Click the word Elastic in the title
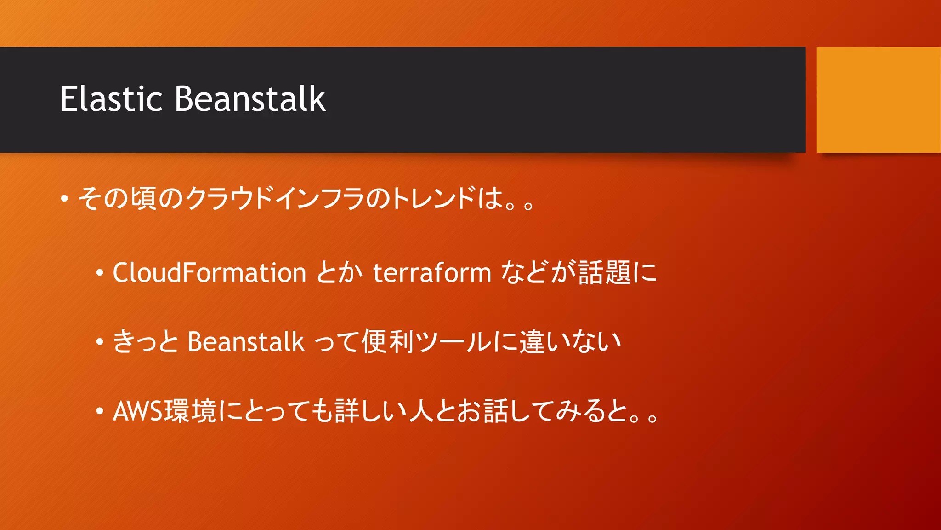click(111, 99)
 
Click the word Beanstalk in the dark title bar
click(250, 99)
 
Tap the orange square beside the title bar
click(878, 100)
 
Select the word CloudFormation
click(209, 272)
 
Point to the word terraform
click(431, 272)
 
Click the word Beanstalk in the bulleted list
click(245, 342)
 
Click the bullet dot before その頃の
click(65, 199)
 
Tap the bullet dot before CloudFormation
click(99, 273)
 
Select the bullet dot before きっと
click(99, 342)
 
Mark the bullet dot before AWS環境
click(99, 411)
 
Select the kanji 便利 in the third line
click(388, 342)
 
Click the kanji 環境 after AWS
click(190, 411)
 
